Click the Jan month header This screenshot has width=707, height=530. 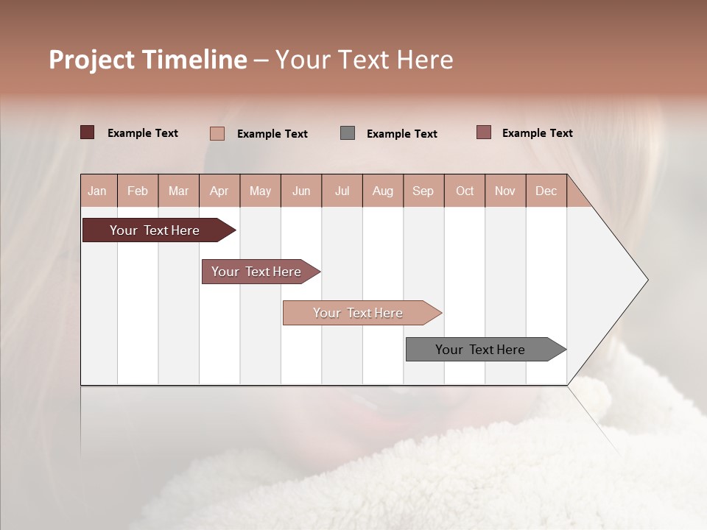point(98,191)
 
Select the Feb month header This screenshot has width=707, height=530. point(138,191)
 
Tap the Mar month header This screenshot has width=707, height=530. point(178,191)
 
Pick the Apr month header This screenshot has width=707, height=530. point(219,191)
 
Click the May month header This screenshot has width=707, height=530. point(260,191)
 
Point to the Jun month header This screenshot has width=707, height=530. point(301,191)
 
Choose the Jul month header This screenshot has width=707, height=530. point(342,191)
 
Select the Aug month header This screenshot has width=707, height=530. point(383,191)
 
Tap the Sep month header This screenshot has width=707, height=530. point(423,191)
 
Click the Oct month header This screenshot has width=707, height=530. point(465,191)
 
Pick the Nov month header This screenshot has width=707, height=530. point(505,191)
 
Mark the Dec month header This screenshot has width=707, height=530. point(546,191)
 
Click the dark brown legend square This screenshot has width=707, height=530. point(87,132)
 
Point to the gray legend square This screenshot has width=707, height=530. point(348,133)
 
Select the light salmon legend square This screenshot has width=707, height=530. point(217,133)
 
